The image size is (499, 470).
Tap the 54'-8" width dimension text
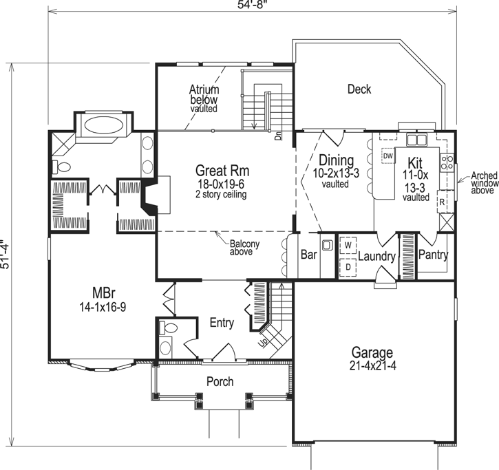[251, 5]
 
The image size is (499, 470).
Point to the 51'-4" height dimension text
[7, 255]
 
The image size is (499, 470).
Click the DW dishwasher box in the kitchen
[387, 156]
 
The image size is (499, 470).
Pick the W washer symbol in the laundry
[348, 245]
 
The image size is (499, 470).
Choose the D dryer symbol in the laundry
[348, 266]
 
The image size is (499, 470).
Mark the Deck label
[359, 89]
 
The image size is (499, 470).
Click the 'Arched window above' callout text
[482, 184]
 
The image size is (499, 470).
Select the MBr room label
[102, 290]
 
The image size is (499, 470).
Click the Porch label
[220, 381]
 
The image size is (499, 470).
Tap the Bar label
[308, 255]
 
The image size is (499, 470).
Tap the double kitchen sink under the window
[416, 140]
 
